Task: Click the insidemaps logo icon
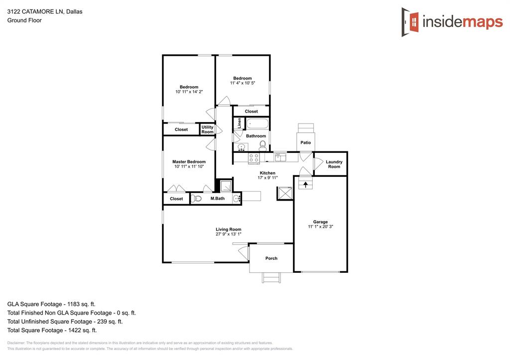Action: click(411, 21)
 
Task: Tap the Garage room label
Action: click(320, 222)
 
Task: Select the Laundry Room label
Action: click(334, 164)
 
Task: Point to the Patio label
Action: click(306, 143)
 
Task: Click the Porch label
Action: click(271, 258)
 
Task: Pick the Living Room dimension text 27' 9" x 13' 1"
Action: click(228, 234)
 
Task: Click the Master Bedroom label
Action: click(189, 162)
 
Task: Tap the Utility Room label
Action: click(207, 129)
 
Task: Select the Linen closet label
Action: click(240, 123)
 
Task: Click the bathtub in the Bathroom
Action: click(257, 123)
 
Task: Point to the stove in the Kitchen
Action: click(254, 158)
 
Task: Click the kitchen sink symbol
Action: click(280, 157)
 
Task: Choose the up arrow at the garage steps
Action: click(305, 184)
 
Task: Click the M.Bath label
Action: click(218, 199)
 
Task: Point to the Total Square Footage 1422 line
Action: click(52, 330)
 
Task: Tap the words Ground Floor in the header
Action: click(24, 20)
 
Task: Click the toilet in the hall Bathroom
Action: click(262, 144)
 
